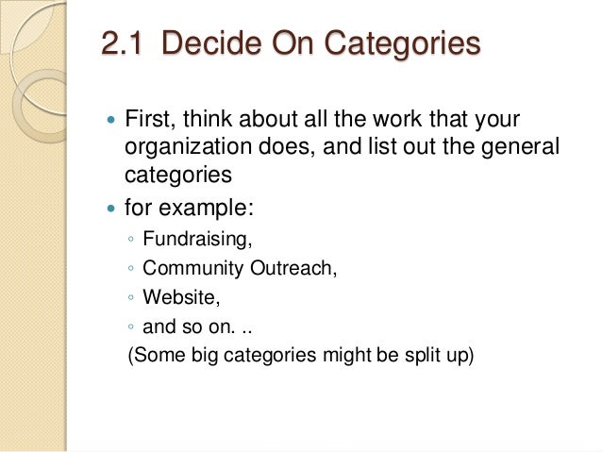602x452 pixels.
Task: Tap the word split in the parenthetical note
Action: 417,359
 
